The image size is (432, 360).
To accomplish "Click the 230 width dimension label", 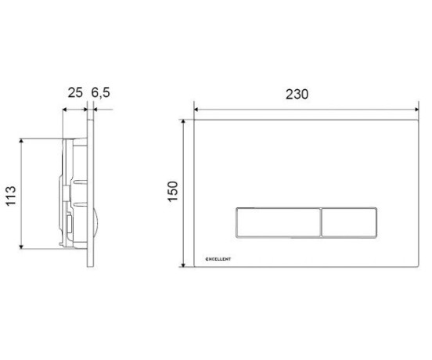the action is click(x=297, y=94).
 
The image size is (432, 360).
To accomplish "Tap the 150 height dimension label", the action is click(x=173, y=192).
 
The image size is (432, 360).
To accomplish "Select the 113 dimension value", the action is click(x=11, y=196).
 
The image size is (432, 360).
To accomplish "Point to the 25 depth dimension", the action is click(x=75, y=92).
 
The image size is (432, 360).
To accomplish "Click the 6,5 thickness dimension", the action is click(x=100, y=92).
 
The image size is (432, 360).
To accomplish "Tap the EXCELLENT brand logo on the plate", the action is click(x=218, y=259).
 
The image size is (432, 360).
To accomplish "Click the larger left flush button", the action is click(x=279, y=222).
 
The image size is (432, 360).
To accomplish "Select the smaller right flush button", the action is click(x=349, y=222).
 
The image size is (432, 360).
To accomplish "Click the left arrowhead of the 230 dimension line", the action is click(x=196, y=110).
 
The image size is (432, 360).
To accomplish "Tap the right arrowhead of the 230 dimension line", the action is click(x=416, y=110).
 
